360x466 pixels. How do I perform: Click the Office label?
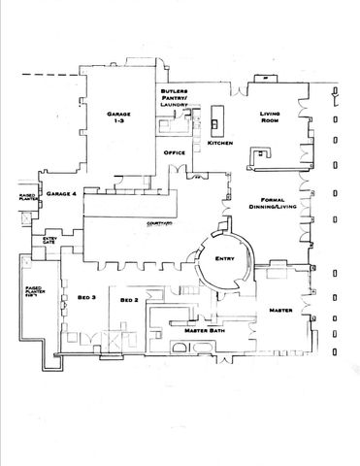point(175,152)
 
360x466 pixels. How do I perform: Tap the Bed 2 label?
point(130,301)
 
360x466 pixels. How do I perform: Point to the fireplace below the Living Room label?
point(259,155)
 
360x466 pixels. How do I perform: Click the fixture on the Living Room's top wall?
point(259,82)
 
